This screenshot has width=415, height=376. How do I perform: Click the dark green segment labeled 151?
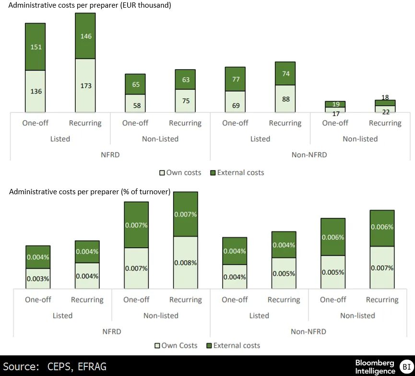click(35, 47)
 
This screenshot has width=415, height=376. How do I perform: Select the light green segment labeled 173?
click(85, 85)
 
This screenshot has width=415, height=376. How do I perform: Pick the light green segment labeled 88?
click(285, 99)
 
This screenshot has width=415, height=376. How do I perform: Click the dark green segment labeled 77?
click(235, 79)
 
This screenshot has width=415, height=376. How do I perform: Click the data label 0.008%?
click(185, 262)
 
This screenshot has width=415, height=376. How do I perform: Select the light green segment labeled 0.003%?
click(38, 279)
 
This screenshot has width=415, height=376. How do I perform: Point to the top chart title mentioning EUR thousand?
click(91, 5)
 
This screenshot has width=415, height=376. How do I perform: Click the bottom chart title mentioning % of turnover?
click(90, 192)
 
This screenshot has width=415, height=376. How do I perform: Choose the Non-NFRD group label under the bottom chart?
click(308, 331)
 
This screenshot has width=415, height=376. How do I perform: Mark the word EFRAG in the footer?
click(92, 367)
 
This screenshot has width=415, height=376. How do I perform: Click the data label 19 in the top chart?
click(335, 104)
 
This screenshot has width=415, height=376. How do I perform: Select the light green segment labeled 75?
click(185, 101)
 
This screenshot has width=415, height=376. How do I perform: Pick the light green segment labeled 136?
click(35, 91)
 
